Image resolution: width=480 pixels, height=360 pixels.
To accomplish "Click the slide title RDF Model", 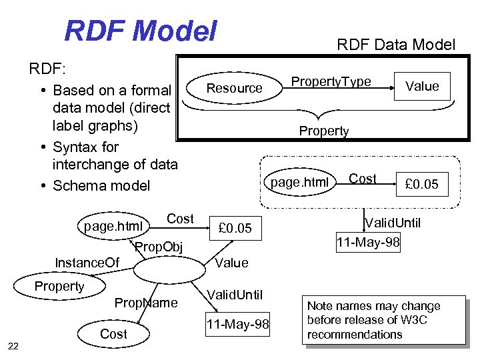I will (x=141, y=31).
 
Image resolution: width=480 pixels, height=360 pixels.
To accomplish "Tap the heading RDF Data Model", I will (x=396, y=45).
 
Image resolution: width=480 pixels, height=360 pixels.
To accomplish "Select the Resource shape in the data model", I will (x=234, y=88).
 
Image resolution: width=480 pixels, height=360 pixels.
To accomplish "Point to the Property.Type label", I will (x=331, y=81).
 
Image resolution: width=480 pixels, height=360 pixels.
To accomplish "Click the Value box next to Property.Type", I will (x=422, y=86).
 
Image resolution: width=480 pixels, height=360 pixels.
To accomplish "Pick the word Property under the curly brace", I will (x=324, y=131).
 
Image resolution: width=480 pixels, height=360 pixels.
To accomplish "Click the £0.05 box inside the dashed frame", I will (x=422, y=184).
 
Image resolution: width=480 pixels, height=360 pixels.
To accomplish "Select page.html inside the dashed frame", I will (x=299, y=182).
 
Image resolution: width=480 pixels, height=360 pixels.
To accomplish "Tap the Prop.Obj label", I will (x=159, y=249).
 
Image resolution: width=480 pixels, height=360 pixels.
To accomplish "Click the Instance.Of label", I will (x=87, y=263).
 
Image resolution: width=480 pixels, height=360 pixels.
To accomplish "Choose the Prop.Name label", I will (x=146, y=303).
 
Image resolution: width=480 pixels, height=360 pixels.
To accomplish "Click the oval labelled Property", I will (x=60, y=286).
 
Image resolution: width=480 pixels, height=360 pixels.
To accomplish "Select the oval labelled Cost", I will (x=113, y=333).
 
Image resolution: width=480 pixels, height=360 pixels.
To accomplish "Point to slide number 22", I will (x=13, y=345).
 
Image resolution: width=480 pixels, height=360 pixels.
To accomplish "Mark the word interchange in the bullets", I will (x=87, y=164).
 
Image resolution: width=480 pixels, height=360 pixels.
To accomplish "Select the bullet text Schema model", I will (x=102, y=185).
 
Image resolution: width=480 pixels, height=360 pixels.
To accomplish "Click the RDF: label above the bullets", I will (x=45, y=69).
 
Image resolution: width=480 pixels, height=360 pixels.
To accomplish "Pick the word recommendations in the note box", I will (x=355, y=334).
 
